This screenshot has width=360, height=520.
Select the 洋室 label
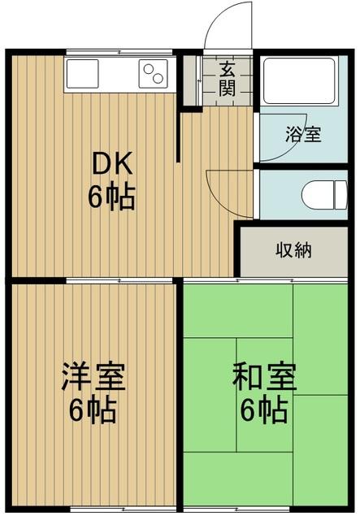coord(93,379)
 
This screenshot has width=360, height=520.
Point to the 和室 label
coord(263,379)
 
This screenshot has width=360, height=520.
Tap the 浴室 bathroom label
coord(302,134)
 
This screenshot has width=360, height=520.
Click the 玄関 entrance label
coord(228,80)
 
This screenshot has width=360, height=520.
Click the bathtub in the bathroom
coord(297,83)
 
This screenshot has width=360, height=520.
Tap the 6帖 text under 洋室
coord(92,410)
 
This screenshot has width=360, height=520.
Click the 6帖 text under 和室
coord(263,410)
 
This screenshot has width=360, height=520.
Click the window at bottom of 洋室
coord(92,510)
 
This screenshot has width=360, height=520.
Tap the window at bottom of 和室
coord(263,510)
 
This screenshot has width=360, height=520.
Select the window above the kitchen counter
coord(120,53)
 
